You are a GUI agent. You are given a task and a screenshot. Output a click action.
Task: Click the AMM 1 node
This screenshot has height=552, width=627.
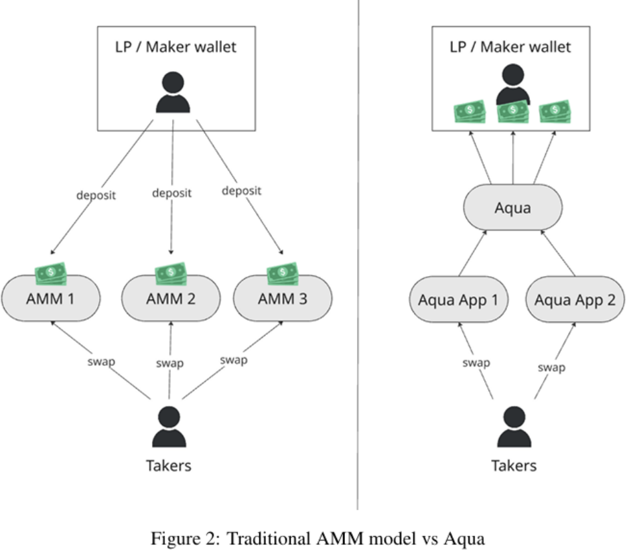click(x=50, y=298)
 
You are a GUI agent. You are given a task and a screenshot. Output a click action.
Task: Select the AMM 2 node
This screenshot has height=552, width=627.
click(x=171, y=298)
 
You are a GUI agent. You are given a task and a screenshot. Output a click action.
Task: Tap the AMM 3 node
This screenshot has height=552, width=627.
click(x=282, y=298)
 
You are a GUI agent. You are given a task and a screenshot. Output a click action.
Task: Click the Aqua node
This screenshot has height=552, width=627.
click(x=512, y=208)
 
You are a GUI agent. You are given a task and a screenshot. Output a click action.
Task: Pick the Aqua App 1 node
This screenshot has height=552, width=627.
click(x=458, y=299)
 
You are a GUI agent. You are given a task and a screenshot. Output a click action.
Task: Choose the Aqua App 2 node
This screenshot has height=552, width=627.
click(x=575, y=299)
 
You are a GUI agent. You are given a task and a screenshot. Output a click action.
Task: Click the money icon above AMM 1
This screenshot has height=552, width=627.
click(x=51, y=273)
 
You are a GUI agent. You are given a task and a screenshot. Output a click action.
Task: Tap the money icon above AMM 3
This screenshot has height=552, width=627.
click(x=282, y=273)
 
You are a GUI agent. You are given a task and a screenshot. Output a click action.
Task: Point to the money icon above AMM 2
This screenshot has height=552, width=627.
click(x=171, y=273)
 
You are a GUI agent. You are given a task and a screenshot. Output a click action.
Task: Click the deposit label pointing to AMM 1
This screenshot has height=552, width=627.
click(x=96, y=196)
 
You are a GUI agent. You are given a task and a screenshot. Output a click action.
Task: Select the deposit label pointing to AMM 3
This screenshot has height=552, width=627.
click(x=241, y=191)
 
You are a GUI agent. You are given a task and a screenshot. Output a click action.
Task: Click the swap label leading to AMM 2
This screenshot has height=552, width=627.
click(x=170, y=363)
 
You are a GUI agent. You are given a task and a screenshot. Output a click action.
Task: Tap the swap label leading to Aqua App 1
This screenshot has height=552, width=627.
click(x=476, y=363)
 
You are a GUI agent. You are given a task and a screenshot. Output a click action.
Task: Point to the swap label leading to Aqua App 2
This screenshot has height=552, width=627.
click(x=551, y=367)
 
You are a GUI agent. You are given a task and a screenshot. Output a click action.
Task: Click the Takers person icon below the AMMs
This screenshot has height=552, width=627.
click(x=169, y=427)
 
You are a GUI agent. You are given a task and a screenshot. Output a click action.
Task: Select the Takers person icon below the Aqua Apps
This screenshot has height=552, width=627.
click(x=514, y=427)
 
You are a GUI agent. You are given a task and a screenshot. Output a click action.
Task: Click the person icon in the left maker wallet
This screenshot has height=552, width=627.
click(x=173, y=92)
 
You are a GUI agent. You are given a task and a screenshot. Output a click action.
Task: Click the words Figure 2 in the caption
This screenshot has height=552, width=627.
click(x=178, y=538)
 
